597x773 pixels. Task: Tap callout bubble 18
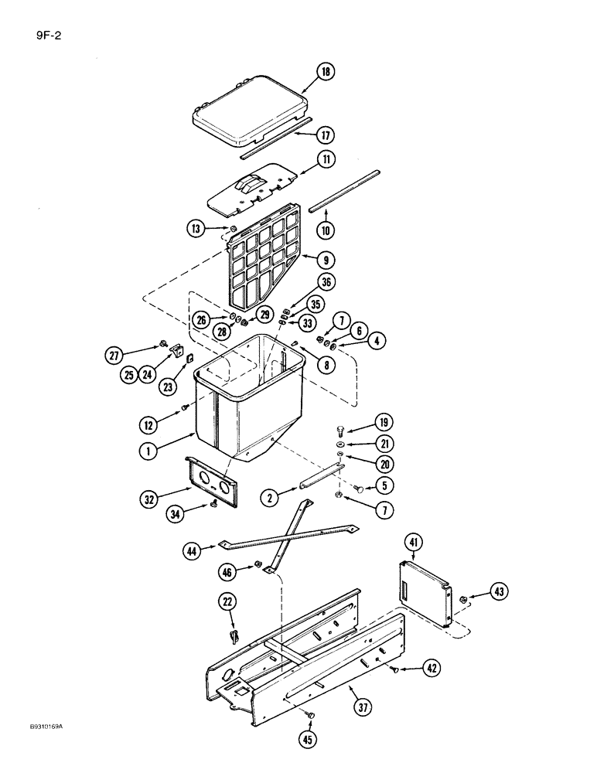pos(326,73)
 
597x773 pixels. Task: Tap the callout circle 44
pos(195,551)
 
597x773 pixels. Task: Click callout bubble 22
pos(228,601)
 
